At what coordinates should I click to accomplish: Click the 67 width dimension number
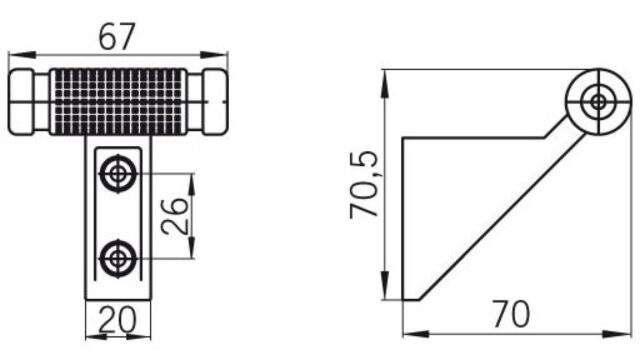(x=117, y=37)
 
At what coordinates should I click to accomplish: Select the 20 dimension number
(x=118, y=320)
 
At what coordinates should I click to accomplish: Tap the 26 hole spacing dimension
(x=175, y=216)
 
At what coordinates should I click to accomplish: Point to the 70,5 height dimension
(x=364, y=184)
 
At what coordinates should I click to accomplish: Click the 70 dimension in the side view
(x=511, y=313)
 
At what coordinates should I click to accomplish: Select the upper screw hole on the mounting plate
(x=118, y=173)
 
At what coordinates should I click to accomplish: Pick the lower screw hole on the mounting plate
(x=118, y=258)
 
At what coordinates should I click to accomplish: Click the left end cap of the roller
(x=21, y=102)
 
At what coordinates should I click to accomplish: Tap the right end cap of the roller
(x=215, y=102)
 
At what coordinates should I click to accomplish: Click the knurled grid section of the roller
(x=118, y=102)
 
